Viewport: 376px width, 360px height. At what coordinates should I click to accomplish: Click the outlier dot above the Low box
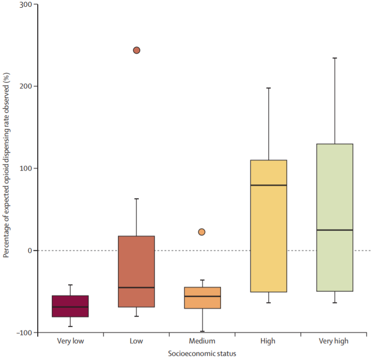(x=136, y=50)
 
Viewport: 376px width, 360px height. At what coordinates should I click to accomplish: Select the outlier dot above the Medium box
(x=202, y=232)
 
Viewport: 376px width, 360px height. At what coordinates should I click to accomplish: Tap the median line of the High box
(x=268, y=185)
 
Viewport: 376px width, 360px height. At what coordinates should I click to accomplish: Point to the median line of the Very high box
(x=334, y=230)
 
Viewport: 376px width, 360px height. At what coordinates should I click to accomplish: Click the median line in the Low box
(x=136, y=288)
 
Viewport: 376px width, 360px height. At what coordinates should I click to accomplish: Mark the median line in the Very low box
(x=71, y=307)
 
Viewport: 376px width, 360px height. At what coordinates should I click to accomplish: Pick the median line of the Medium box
(x=202, y=296)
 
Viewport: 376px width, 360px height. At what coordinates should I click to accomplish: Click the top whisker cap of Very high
(x=334, y=58)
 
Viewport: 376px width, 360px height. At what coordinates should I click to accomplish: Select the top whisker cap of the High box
(x=268, y=88)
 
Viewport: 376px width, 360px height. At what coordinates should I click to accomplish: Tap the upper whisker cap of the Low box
(x=136, y=199)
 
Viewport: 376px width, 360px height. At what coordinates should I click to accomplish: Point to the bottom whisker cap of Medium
(x=202, y=331)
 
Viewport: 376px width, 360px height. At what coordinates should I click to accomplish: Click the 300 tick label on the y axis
(x=25, y=4)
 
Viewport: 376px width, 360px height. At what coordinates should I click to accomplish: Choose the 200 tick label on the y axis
(x=25, y=86)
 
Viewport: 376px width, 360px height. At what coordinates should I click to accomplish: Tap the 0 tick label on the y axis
(x=29, y=250)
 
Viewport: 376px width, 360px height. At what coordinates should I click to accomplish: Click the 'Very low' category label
(x=71, y=341)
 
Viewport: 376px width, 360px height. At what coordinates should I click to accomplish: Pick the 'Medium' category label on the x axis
(x=202, y=341)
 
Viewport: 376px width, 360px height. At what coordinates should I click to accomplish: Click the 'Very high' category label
(x=333, y=341)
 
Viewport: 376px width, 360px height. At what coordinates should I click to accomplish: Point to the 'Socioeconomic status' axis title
(x=202, y=354)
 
